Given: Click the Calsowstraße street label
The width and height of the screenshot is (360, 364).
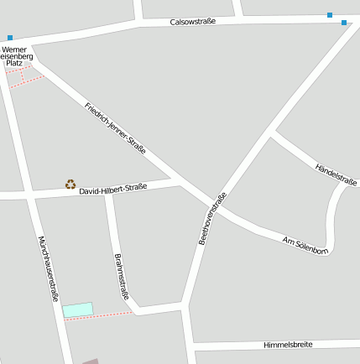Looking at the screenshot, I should click(x=193, y=21).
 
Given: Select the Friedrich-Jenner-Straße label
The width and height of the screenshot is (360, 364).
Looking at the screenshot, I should click(x=116, y=128).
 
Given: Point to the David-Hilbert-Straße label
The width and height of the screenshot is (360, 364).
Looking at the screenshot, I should click(x=112, y=190).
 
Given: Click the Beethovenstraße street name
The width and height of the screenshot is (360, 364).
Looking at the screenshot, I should click(x=212, y=219).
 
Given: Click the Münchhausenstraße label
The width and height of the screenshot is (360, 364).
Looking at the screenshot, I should click(x=49, y=268).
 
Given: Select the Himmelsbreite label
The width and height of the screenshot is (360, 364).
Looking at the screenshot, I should click(x=288, y=345).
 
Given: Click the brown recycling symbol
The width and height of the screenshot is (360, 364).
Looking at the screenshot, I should click(x=70, y=184).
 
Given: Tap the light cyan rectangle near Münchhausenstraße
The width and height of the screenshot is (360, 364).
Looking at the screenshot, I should click(x=77, y=309).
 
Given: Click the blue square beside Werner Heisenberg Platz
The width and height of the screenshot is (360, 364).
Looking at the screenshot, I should click(x=10, y=37).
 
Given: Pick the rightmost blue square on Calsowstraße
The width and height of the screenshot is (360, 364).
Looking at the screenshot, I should click(x=344, y=23).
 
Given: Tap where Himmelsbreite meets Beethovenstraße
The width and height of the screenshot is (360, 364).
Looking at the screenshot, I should click(x=190, y=346).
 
